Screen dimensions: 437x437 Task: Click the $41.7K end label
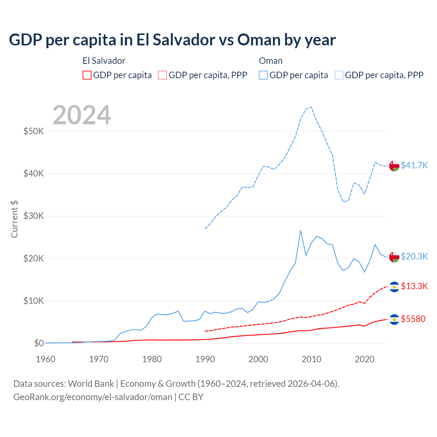(414, 165)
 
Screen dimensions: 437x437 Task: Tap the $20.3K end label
(414, 256)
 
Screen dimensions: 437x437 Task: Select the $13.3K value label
(414, 286)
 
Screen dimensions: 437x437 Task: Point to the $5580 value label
(413, 319)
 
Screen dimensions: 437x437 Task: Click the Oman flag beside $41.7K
(394, 166)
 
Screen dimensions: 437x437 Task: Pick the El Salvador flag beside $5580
(394, 319)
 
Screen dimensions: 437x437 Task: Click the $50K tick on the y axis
(33, 131)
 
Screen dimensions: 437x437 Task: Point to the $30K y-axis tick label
(33, 216)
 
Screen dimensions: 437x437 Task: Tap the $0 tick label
(39, 343)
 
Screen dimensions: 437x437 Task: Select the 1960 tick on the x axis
(45, 359)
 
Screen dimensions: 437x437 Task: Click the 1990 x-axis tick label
(205, 359)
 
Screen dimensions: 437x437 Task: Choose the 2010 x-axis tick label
(311, 359)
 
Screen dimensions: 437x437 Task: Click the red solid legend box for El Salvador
(87, 75)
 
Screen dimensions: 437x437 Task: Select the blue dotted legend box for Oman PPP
(339, 75)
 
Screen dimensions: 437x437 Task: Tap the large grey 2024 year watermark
(82, 115)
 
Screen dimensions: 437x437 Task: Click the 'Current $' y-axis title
(14, 219)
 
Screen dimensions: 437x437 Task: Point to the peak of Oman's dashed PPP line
(311, 107)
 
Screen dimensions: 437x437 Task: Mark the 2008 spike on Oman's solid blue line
(300, 230)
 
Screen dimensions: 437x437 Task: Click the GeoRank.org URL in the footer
(93, 397)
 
